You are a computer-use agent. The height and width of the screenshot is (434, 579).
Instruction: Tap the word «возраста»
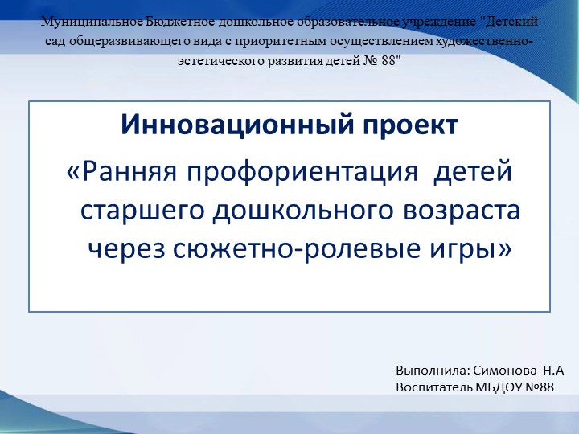tap(460, 211)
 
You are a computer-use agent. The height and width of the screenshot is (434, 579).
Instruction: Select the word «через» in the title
tap(127, 249)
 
